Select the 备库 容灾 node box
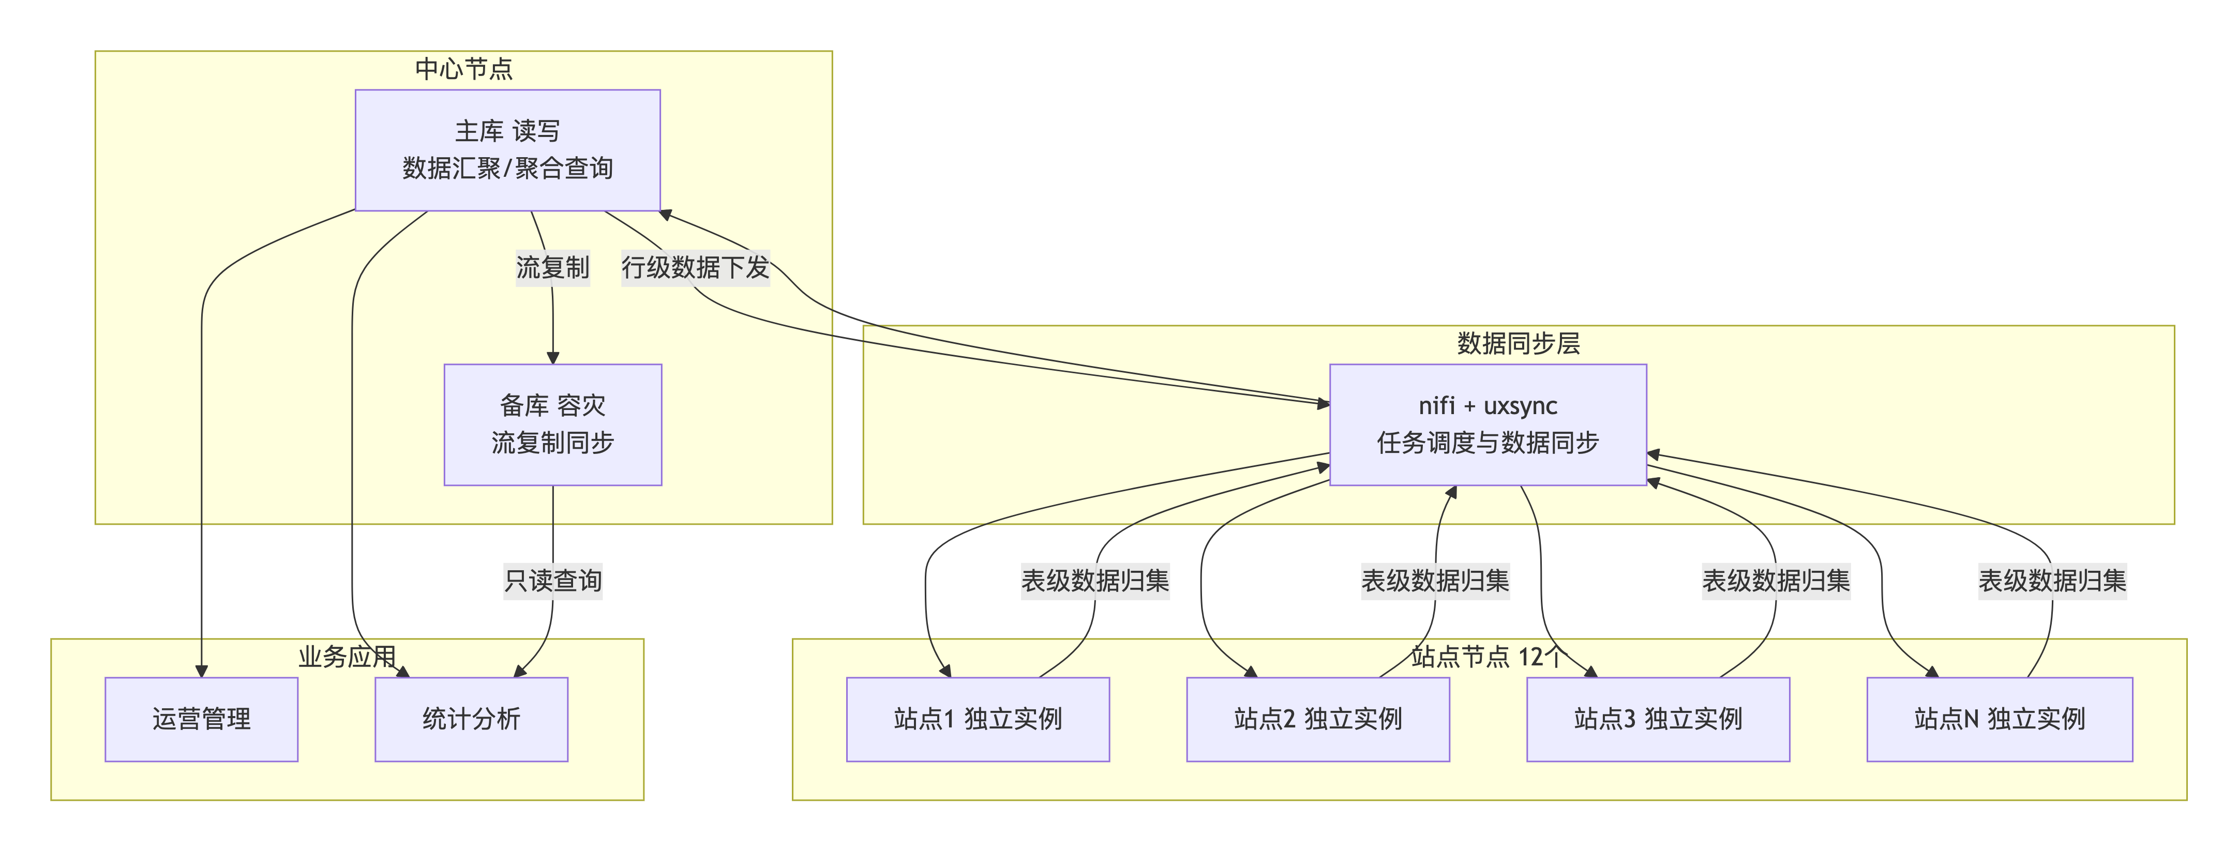pos(552,424)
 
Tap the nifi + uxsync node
pos(1488,424)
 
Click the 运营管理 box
pos(202,719)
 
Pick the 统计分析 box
pos(471,719)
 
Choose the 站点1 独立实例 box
pos(978,719)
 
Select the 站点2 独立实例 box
pos(1318,719)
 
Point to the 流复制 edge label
pos(552,267)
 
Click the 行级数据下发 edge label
pos(696,267)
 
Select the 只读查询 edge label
pos(552,580)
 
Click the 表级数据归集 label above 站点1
pos(1094,580)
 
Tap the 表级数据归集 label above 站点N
pos(2052,580)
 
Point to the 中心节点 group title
pos(464,69)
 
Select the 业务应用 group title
pos(348,657)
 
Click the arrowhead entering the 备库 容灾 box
pos(552,358)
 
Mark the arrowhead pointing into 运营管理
pos(202,671)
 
